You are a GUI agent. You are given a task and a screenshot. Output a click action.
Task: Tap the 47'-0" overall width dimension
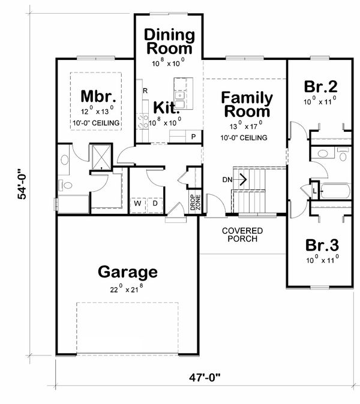tap(205, 378)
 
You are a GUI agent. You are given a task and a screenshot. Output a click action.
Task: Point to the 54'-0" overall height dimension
tap(22, 184)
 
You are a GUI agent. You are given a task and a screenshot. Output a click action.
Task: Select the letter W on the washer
tap(138, 203)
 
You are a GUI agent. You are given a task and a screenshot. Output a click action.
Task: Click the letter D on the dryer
tap(155, 203)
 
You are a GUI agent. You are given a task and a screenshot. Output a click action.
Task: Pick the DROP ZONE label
tap(195, 202)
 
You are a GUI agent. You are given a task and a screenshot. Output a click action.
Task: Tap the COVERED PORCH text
tap(242, 235)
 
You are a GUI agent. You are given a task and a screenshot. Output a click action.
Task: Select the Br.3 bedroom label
tap(322, 245)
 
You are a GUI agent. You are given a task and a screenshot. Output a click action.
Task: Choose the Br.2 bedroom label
tap(320, 86)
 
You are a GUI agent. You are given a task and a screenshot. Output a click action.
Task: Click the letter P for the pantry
tap(193, 137)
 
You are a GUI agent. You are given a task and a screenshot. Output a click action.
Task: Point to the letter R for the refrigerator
tap(145, 91)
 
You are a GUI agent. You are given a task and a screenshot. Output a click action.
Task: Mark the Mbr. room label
tap(98, 97)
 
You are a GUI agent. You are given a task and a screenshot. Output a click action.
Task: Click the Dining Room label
tap(169, 41)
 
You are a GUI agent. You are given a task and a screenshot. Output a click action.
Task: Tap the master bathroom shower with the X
tap(101, 157)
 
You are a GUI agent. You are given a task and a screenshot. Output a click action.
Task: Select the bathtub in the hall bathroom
tap(335, 191)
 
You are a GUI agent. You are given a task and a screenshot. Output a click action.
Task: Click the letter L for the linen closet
tap(314, 191)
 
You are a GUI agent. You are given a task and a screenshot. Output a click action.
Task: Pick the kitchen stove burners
tap(142, 121)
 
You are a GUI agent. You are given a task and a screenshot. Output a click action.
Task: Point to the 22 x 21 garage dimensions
tap(127, 289)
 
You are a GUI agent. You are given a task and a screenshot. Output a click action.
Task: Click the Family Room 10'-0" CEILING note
tap(244, 138)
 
